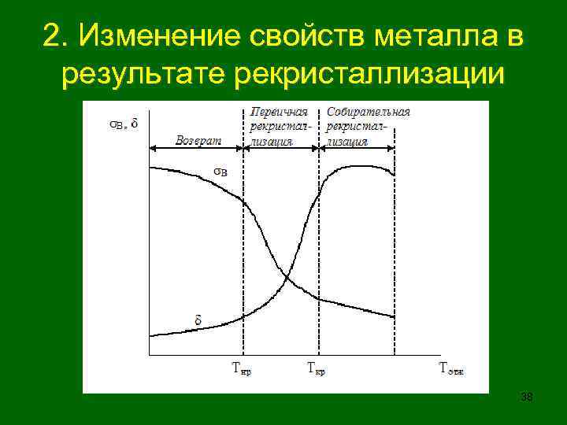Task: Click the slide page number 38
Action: [527, 397]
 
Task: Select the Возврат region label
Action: [198, 140]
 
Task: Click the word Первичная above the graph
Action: [279, 112]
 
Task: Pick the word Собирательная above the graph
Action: [368, 112]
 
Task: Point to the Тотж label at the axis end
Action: [450, 367]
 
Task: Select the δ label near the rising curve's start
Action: [198, 320]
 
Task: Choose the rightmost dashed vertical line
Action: [393, 236]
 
